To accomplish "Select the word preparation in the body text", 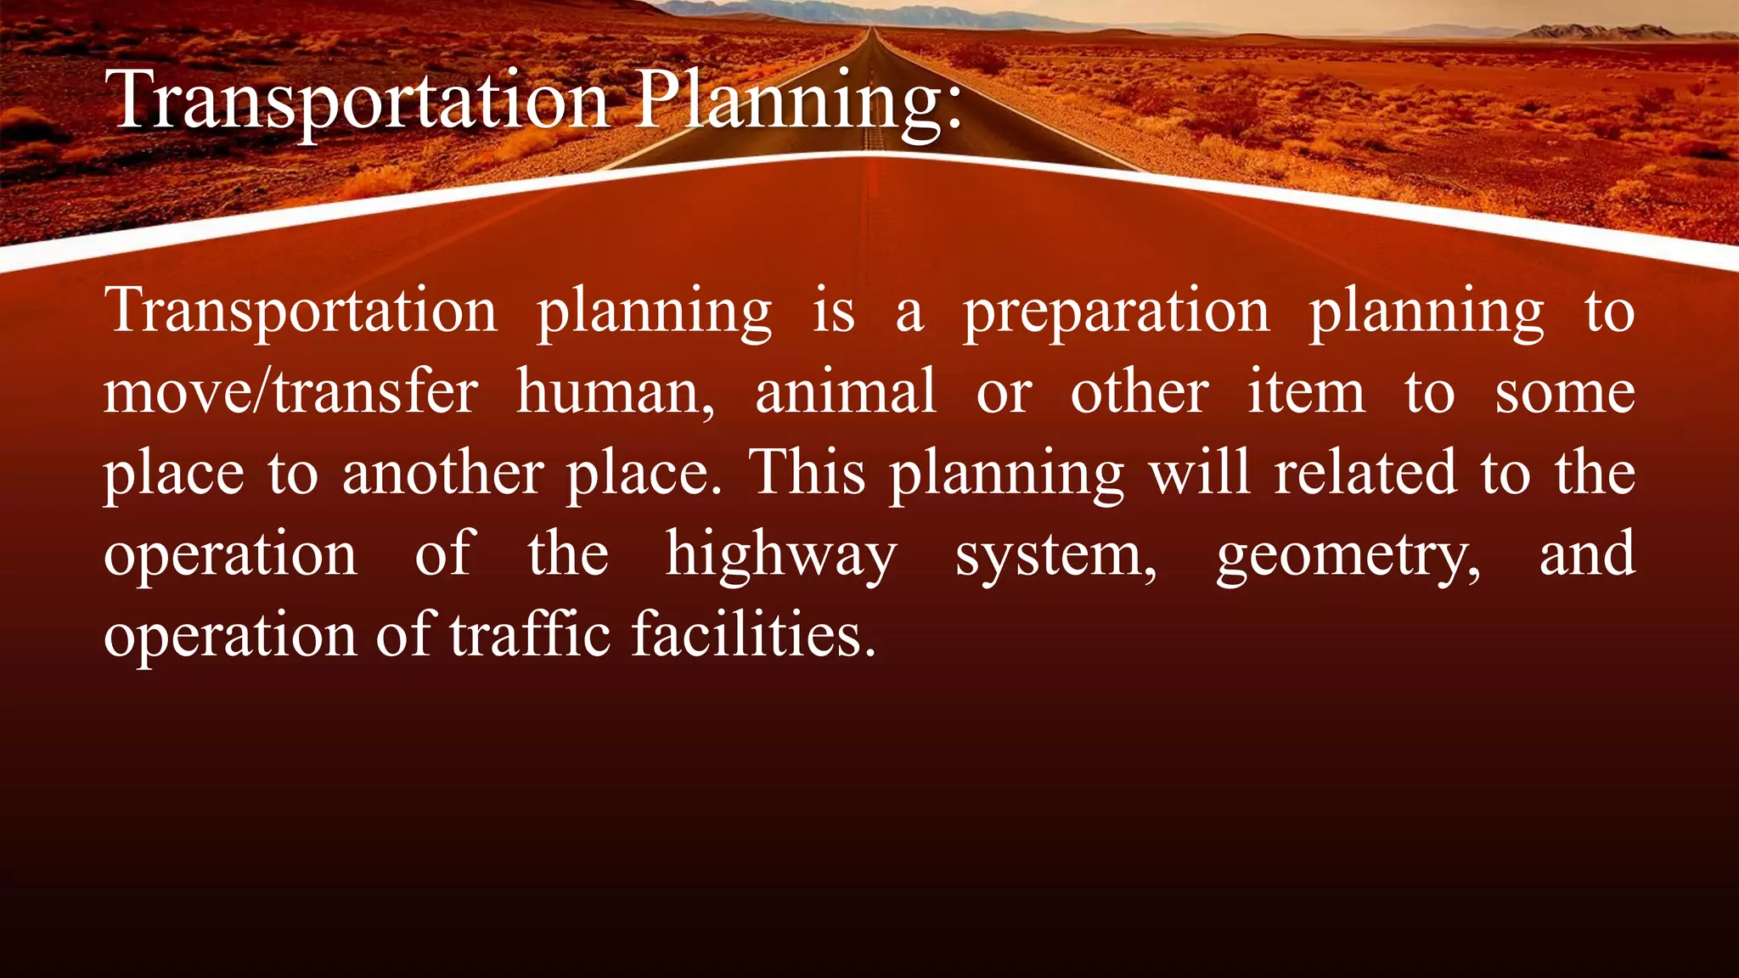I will coord(1116,312).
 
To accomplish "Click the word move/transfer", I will coord(290,392).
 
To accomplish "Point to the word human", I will coord(616,392).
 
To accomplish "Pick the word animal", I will coord(846,392).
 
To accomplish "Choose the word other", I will coord(1140,392).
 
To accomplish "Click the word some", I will coord(1565,392).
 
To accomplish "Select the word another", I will coord(442,473).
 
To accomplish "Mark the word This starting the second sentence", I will coord(807,473).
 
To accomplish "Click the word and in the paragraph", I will coord(1587,554).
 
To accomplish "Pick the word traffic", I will coord(530,635).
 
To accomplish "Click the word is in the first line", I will coord(834,312).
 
